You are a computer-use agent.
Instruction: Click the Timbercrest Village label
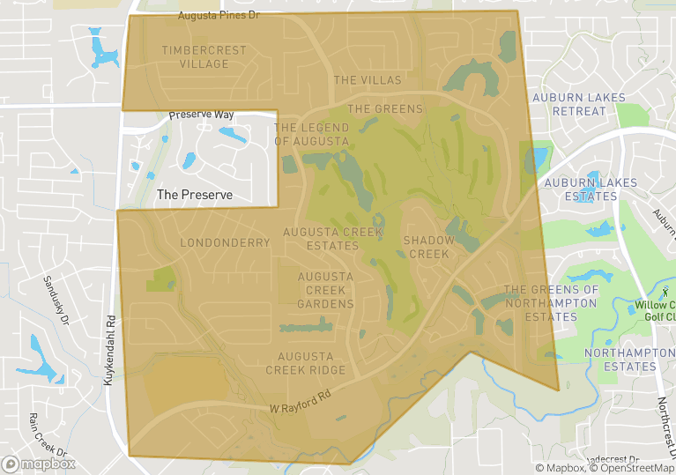point(204,57)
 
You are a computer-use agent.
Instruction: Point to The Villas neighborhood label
point(368,80)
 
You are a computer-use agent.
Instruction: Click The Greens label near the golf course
point(385,109)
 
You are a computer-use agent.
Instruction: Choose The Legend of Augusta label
point(311,134)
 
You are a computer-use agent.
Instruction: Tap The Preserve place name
point(194,194)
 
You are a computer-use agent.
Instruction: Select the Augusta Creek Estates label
point(321,239)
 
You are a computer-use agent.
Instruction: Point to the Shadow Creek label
point(429,247)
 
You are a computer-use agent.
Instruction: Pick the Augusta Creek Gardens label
point(325,290)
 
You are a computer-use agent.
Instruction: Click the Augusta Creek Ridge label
point(306,363)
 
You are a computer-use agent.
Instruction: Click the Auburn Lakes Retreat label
point(579,104)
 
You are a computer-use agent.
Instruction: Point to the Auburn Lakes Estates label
point(581,189)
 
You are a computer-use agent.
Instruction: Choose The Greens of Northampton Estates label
point(551,303)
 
